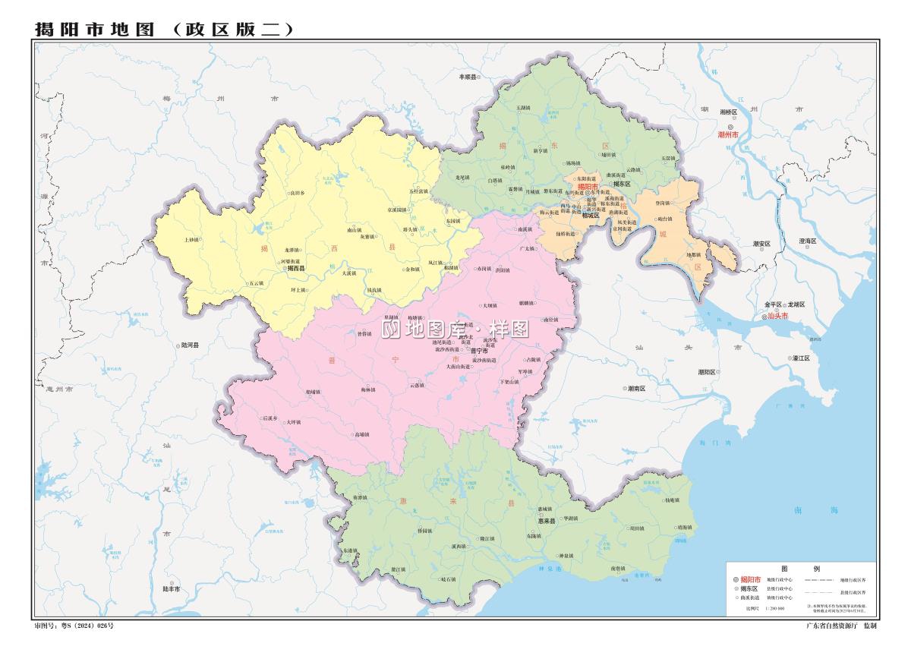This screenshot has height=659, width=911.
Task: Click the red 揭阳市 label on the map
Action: click(x=588, y=186)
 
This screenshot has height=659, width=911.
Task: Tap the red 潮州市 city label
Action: click(x=727, y=134)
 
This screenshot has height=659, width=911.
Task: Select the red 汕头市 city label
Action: click(x=777, y=316)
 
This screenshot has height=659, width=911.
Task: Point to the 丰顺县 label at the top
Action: click(x=467, y=77)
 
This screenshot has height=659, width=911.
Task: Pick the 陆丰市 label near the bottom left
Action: click(x=171, y=588)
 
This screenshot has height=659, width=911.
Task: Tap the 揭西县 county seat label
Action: click(x=295, y=268)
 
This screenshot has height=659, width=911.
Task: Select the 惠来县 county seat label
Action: click(x=547, y=521)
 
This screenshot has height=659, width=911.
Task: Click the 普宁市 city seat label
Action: click(x=479, y=352)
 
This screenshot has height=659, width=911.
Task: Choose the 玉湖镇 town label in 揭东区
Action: click(x=523, y=108)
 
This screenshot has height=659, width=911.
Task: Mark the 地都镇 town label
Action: click(x=694, y=255)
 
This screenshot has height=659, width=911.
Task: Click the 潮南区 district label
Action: click(x=636, y=388)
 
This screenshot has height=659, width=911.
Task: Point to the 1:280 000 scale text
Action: click(x=775, y=608)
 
